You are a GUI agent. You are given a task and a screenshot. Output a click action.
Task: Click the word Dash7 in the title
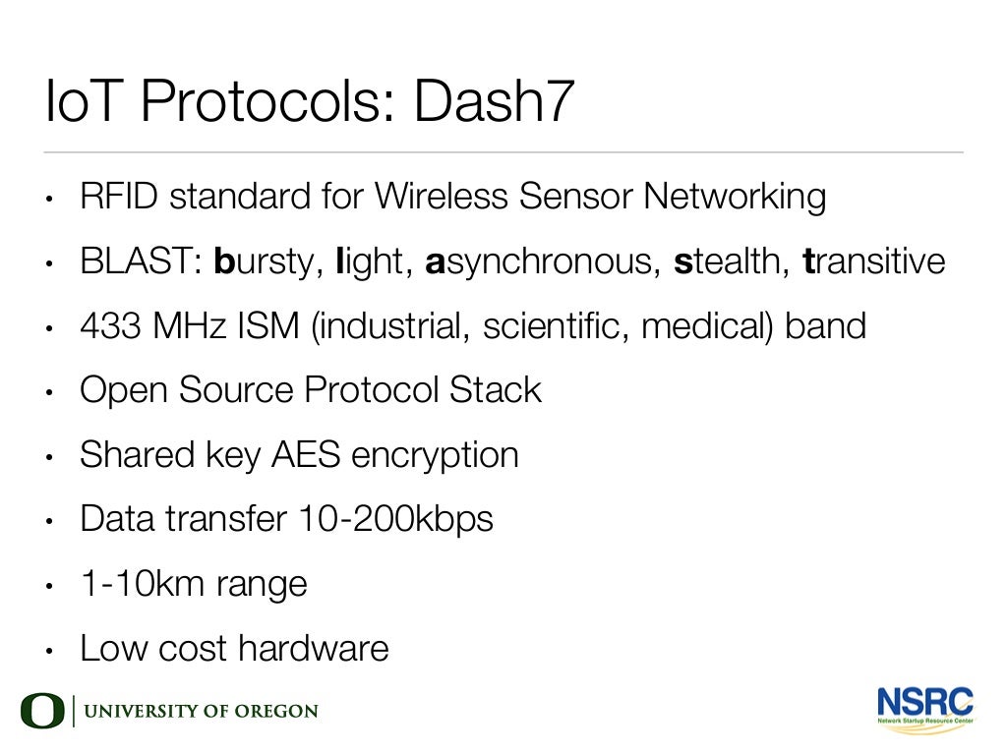pos(492,102)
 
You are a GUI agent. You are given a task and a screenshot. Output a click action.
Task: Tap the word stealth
pos(730,262)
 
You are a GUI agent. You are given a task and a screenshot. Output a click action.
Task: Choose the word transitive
pos(874,262)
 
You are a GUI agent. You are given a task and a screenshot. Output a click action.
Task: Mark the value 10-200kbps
pos(395,519)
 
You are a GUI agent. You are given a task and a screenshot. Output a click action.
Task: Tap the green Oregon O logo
pos(42,712)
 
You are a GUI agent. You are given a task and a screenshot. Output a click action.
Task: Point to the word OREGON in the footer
pos(276,712)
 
